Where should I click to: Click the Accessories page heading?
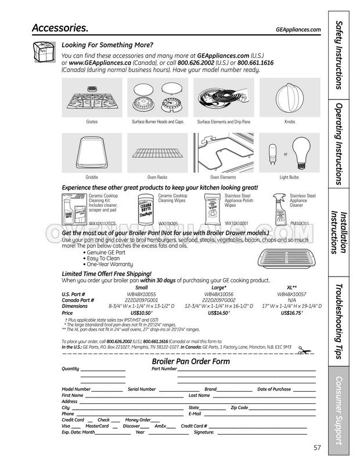pos(60,28)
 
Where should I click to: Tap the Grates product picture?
pos(92,98)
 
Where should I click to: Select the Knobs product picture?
pos(290,98)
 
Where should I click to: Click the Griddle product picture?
pos(92,153)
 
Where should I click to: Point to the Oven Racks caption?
pos(157,177)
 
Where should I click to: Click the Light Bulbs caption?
pos(289,177)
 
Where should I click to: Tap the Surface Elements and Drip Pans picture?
pos(224,98)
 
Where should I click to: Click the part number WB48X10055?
pos(141,295)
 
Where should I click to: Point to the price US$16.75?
pos(291,313)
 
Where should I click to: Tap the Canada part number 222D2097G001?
pos(141,300)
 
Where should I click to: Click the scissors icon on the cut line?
pos(303,350)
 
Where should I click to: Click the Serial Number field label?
pos(142,389)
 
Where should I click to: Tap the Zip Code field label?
pos(239,407)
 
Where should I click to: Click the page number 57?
pos(317,447)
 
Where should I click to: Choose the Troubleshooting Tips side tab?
pos(341,321)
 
